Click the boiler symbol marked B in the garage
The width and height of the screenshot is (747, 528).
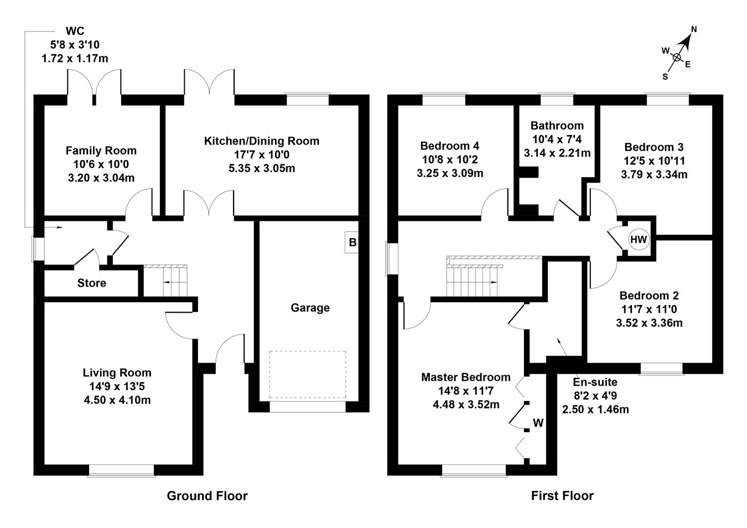pyautogui.click(x=352, y=242)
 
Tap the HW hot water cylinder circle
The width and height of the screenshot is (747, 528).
pyautogui.click(x=639, y=240)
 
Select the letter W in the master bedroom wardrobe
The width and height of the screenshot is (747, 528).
pyautogui.click(x=538, y=423)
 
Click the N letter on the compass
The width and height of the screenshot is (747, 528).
pyautogui.click(x=694, y=30)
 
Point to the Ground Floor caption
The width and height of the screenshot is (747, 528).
pyautogui.click(x=207, y=496)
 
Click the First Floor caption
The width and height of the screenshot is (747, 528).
pyautogui.click(x=562, y=496)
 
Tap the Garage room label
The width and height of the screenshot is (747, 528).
pyautogui.click(x=310, y=308)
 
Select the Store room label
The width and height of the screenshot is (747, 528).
pyautogui.click(x=91, y=283)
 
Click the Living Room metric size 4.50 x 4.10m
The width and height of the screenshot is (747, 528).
pyautogui.click(x=117, y=400)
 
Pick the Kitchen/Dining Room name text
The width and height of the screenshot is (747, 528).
pyautogui.click(x=262, y=141)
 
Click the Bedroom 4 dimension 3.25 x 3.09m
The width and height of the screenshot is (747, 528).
pyautogui.click(x=450, y=173)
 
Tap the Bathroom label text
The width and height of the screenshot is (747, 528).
pyautogui.click(x=557, y=126)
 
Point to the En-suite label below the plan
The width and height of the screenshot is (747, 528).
pyautogui.click(x=595, y=382)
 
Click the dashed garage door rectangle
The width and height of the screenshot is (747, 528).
pyautogui.click(x=308, y=374)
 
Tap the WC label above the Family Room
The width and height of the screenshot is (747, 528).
pyautogui.click(x=75, y=31)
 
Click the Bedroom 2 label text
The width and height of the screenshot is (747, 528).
pyautogui.click(x=649, y=296)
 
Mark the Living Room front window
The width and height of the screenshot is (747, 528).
pyautogui.click(x=121, y=470)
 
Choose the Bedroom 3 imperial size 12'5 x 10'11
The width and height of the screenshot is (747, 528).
pyautogui.click(x=654, y=161)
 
